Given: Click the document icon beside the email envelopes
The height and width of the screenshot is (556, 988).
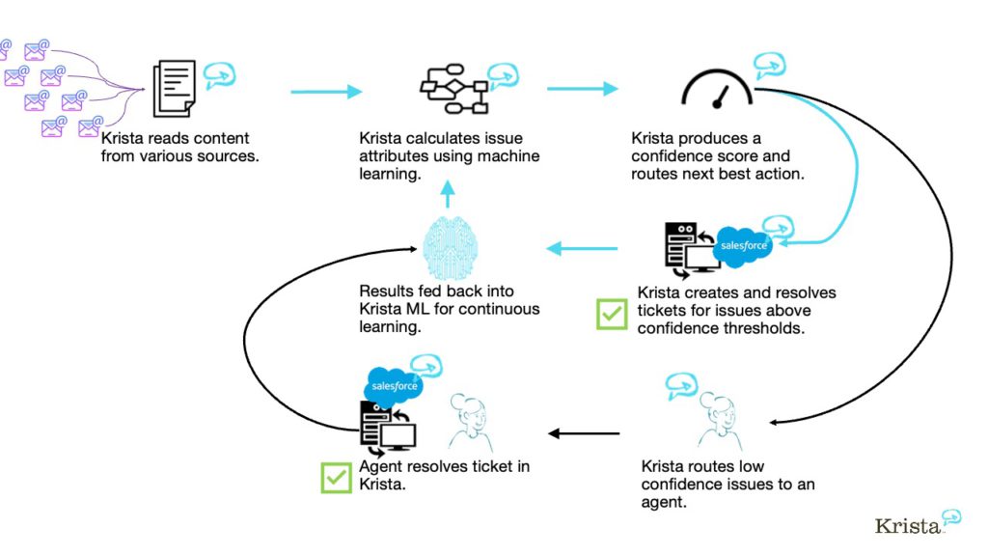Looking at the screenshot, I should (x=174, y=89).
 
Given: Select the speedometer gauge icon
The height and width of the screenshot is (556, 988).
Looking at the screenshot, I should (x=718, y=91).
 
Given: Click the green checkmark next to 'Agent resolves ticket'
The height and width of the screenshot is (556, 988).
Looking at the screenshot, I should (x=336, y=478).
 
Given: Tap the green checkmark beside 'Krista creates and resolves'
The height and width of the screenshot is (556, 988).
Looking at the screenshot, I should (x=612, y=314).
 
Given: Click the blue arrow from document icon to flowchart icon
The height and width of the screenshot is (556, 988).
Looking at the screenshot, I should (x=326, y=92).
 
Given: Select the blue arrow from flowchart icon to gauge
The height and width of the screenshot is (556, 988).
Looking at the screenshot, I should (x=582, y=89).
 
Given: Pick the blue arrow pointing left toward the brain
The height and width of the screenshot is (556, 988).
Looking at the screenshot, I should (x=582, y=249).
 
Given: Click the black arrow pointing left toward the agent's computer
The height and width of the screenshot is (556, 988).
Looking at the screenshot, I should (x=585, y=433).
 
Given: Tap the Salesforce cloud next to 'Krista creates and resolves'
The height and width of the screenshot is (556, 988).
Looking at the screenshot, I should (x=743, y=245).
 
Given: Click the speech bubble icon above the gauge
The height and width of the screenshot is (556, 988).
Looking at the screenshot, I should (x=770, y=65).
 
